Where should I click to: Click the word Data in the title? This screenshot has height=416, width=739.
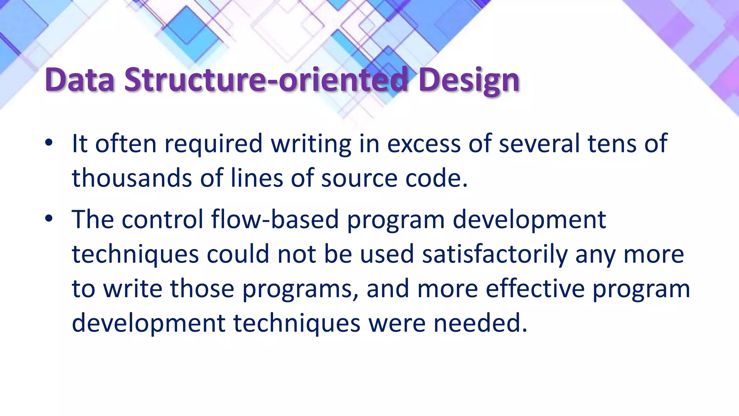79,80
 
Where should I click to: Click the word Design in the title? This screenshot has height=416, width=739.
469,80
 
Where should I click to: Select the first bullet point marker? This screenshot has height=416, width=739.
49,143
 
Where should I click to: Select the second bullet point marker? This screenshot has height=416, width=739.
49,218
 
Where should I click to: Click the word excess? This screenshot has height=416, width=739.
424,144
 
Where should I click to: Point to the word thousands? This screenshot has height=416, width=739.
132,178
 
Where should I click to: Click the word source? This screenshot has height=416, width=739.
359,178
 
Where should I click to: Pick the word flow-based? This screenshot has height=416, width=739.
275,219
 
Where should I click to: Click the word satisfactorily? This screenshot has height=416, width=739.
495,254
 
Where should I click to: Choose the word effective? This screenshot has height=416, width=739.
535,289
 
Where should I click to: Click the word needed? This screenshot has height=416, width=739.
480,323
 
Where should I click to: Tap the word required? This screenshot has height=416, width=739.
213,144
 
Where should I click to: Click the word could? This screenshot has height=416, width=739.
238,254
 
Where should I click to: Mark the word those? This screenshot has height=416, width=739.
202,289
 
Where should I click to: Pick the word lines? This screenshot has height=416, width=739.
257,178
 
